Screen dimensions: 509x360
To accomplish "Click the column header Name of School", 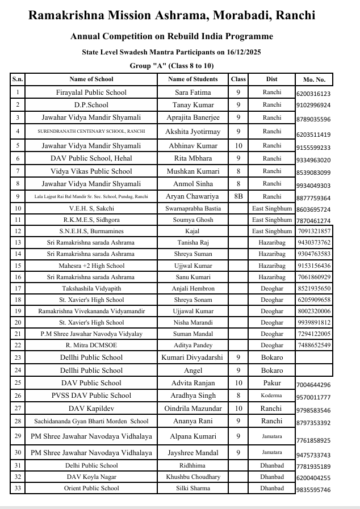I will [91, 79].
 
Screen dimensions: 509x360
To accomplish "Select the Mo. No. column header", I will [314, 80].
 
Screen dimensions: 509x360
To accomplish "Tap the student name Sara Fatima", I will [193, 92].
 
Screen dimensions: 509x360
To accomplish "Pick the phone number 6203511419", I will [313, 134].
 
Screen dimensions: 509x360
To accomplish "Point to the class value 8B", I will [238, 196].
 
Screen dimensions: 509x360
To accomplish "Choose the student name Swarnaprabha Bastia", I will [193, 209].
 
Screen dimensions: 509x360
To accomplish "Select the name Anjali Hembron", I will [193, 288].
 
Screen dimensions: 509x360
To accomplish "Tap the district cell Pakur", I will [272, 383].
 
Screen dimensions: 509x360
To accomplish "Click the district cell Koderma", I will [272, 396].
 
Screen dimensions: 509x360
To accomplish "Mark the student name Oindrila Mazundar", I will [193, 409].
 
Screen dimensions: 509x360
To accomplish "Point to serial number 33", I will [18, 488].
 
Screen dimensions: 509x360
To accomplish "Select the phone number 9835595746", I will [313, 490].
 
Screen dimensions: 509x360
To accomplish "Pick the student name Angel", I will [193, 370].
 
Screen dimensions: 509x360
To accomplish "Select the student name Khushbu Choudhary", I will [193, 477].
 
